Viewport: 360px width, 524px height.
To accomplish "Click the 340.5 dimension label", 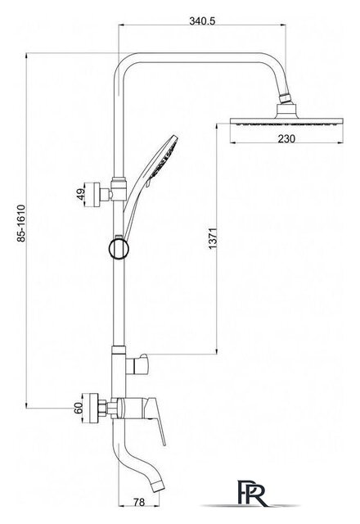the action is tap(202, 20).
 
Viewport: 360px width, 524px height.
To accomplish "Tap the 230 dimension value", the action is tap(286, 138).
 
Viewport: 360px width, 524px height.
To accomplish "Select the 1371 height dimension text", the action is tap(213, 238).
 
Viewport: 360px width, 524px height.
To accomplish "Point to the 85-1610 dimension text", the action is tap(21, 224).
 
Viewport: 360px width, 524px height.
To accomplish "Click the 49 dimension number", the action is tap(80, 195).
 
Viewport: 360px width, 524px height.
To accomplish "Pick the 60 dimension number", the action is tap(79, 408).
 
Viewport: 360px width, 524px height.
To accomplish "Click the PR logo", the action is tap(252, 493).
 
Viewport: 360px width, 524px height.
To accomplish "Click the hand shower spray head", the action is tap(164, 156).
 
